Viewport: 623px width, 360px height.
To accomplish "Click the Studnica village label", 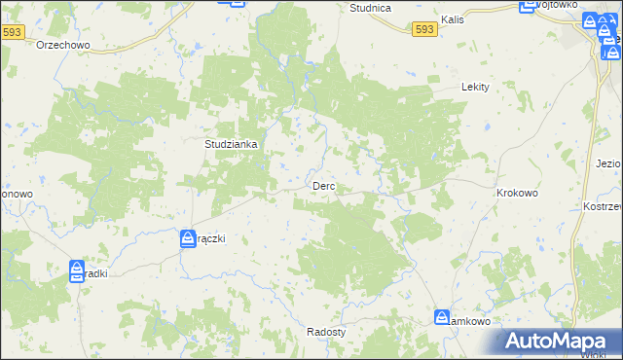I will tap(370, 8).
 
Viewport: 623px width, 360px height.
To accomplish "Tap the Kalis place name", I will tap(451, 19).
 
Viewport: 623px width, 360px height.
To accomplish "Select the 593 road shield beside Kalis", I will tap(424, 30).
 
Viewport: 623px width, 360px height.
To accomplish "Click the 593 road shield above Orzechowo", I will tap(12, 32).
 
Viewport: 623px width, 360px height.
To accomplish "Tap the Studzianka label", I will tap(230, 144).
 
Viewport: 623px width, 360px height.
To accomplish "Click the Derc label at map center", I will tap(323, 186).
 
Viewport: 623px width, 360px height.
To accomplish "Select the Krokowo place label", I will tap(517, 194).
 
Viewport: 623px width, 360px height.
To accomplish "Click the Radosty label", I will tap(326, 331).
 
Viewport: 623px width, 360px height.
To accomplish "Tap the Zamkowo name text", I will tap(473, 319).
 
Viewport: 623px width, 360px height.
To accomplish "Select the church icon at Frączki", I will tap(188, 238).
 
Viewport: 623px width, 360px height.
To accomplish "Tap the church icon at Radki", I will tap(77, 272).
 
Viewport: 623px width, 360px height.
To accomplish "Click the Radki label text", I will tap(96, 274).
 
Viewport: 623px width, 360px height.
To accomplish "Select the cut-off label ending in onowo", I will tap(16, 194).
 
